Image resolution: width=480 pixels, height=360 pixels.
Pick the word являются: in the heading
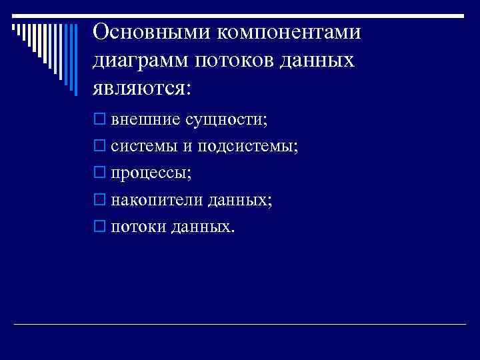[x=142, y=89]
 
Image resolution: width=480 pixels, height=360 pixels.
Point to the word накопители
[x=150, y=200]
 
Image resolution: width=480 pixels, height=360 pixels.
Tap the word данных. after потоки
[x=203, y=227]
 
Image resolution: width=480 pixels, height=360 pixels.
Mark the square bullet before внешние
[x=99, y=120]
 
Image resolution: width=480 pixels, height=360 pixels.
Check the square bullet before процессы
[x=99, y=173]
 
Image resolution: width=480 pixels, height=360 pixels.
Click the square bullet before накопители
[x=99, y=200]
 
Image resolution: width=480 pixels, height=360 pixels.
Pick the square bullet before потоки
[x=99, y=227]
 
